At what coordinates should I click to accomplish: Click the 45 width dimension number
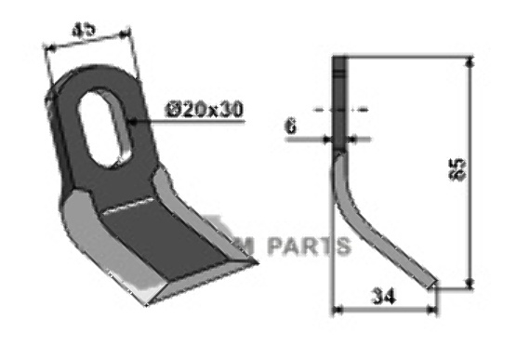pyautogui.click(x=88, y=29)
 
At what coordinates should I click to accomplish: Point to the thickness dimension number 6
pyautogui.click(x=291, y=127)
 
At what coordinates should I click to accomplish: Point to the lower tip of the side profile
pyautogui.click(x=432, y=284)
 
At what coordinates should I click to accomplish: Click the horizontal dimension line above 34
pyautogui.click(x=383, y=309)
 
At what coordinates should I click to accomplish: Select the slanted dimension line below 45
pyautogui.click(x=88, y=45)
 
